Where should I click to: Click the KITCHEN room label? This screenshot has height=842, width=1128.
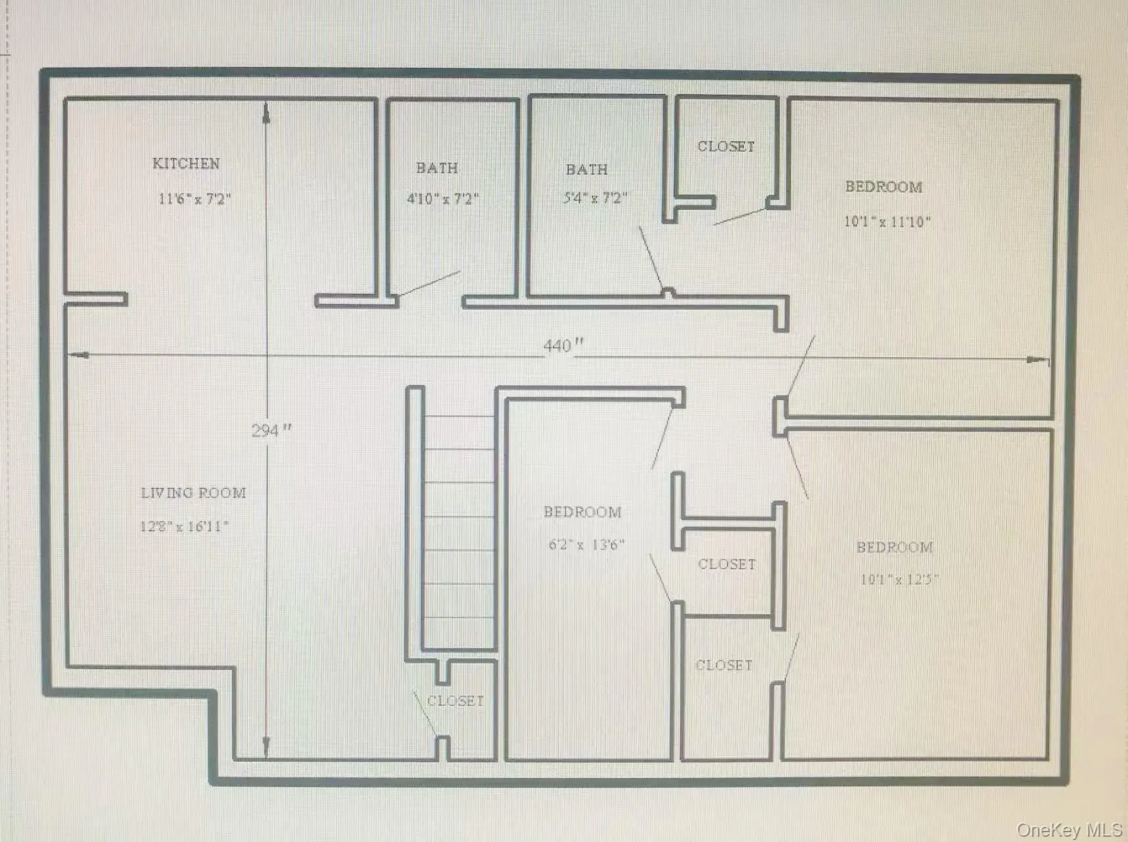186,163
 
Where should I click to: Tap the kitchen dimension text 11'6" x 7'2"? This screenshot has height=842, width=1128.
195,199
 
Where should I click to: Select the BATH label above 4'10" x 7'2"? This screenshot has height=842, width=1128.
437,168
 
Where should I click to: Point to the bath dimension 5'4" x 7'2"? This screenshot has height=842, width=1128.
596,198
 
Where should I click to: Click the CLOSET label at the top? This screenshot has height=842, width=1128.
726,147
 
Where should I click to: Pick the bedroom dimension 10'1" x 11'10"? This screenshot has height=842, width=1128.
887,222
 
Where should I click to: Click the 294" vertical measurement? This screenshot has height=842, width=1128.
271,431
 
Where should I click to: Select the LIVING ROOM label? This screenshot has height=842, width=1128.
193,493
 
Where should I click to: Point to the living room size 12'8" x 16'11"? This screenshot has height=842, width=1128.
185,526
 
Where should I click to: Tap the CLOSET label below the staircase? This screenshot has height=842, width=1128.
456,701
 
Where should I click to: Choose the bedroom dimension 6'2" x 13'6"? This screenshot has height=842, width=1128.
586,545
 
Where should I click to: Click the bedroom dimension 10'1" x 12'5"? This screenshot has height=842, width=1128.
899,580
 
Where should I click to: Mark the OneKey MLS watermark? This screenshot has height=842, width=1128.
1069,830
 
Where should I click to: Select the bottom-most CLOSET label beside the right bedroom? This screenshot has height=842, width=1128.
724,665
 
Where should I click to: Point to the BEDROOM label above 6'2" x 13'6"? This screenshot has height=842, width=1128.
582,512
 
